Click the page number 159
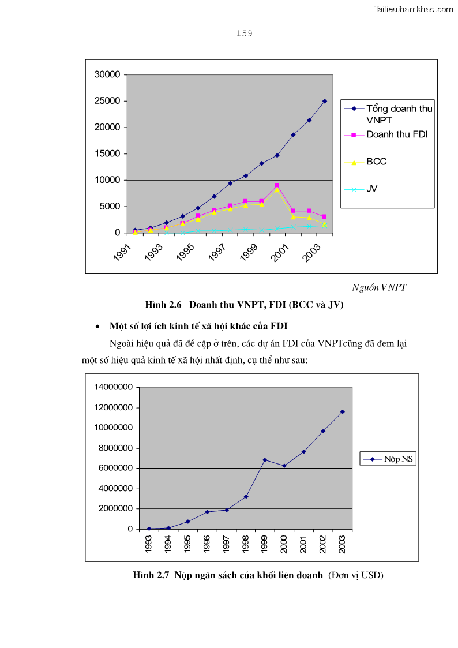click(244, 33)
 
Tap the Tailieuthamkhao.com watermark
click(414, 9)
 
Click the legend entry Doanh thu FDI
click(396, 134)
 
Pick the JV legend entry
click(371, 188)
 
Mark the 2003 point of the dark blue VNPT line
click(325, 101)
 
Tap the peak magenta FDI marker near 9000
click(277, 185)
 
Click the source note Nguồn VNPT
click(379, 287)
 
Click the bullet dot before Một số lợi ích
click(97, 327)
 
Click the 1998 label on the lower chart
click(245, 544)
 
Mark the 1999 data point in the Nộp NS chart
click(265, 460)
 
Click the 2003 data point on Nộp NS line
click(343, 411)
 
